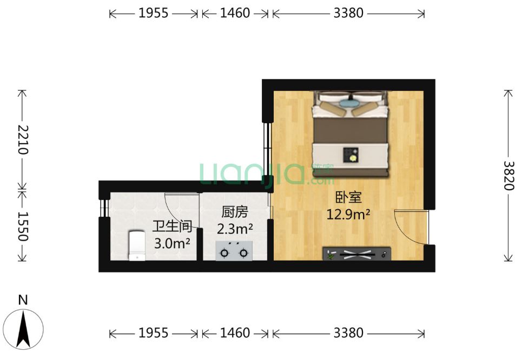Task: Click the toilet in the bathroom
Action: click(137, 246)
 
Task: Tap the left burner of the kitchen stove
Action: click(224, 254)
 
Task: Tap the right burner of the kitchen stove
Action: click(244, 254)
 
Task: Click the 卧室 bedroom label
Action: click(348, 197)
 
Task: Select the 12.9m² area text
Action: click(348, 214)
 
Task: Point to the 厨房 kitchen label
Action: click(235, 212)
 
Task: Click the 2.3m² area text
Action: click(235, 229)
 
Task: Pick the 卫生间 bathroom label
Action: click(172, 226)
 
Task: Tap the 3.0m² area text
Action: click(172, 244)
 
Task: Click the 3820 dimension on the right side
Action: click(508, 175)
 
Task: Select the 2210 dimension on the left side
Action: click(23, 140)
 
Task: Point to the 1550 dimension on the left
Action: click(23, 226)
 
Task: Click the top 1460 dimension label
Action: click(235, 13)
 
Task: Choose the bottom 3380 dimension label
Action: click(348, 333)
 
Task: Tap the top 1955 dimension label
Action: click(154, 13)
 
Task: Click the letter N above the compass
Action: click(23, 300)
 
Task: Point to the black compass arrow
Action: click(23, 329)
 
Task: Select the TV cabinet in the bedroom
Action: click(356, 254)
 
